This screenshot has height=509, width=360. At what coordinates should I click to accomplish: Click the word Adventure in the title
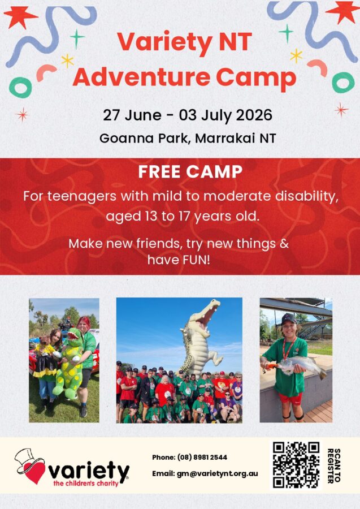tap(142, 77)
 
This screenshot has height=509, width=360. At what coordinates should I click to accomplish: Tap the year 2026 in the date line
tap(254, 115)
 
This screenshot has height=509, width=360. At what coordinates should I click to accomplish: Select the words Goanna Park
tap(143, 139)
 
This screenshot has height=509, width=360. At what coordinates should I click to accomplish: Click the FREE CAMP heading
tap(190, 172)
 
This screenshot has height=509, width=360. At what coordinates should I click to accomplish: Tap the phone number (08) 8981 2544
tap(202, 458)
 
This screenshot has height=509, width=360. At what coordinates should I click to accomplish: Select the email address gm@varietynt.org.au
tap(217, 473)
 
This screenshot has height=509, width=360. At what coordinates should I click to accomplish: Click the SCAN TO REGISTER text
tap(334, 465)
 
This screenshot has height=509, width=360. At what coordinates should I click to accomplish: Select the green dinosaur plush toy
tap(70, 363)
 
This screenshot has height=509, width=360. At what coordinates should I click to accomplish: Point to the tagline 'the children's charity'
tap(86, 484)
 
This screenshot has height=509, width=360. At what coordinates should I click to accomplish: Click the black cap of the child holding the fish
tap(289, 318)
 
